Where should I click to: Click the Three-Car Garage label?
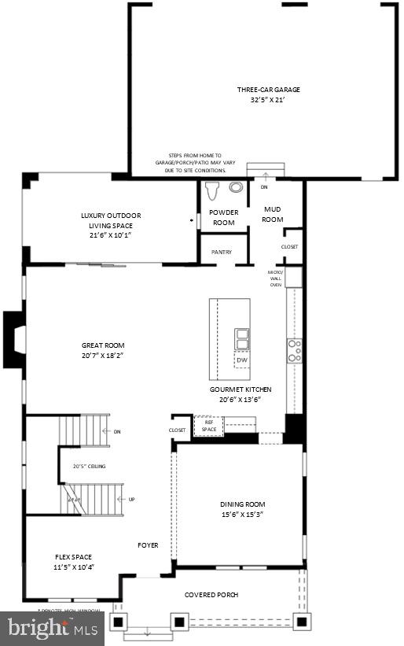coord(269,90)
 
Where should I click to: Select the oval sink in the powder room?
coord(237,188)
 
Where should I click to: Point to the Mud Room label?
coord(272,214)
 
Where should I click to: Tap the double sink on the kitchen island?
coord(242,338)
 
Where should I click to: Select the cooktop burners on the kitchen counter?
coord(295,351)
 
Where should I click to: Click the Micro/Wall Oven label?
coord(276,279)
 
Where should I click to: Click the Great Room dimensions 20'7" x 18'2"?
coord(103,356)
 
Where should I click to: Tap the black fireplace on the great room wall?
coord(14,339)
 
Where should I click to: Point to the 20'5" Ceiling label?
coord(89,467)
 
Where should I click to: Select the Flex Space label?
coord(74,557)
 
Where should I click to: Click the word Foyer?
coord(148,545)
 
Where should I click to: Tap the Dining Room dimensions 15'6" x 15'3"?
coord(243,515)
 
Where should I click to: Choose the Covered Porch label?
coord(211,595)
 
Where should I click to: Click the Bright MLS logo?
coord(52,629)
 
